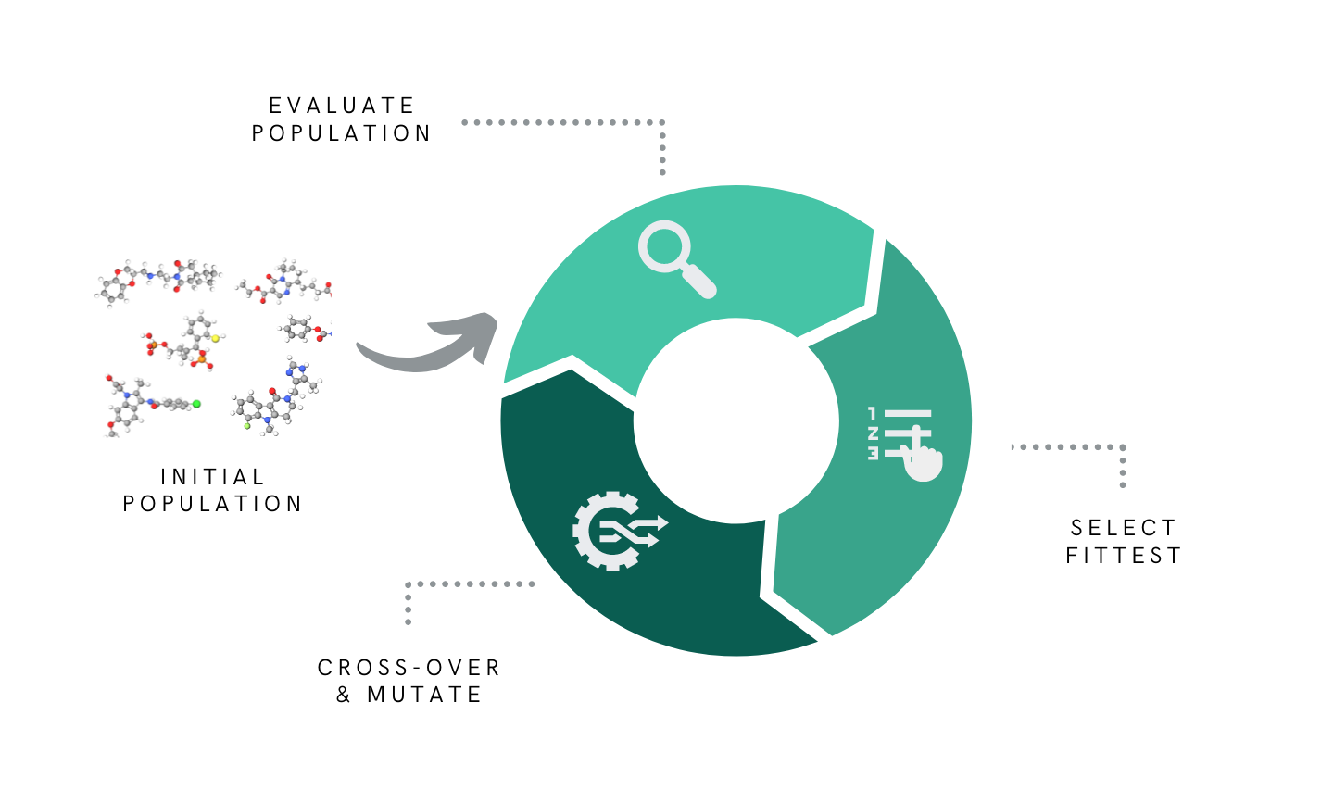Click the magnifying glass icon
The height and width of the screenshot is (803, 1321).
[x=675, y=257]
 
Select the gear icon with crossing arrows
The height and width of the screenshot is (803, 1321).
[x=617, y=530]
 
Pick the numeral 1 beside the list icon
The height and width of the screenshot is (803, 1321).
[x=872, y=412]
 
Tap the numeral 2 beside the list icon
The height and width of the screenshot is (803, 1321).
[x=872, y=433]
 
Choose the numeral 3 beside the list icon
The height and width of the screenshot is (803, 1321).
[x=872, y=453]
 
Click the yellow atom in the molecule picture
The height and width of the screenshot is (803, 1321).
[x=215, y=338]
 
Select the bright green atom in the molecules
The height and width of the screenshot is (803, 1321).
[x=196, y=404]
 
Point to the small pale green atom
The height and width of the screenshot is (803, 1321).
[x=247, y=426]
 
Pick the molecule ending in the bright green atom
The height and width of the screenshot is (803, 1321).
[x=148, y=404]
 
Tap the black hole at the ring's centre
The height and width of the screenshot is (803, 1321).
[x=736, y=421]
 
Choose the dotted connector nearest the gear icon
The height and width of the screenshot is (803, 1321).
[x=463, y=584]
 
